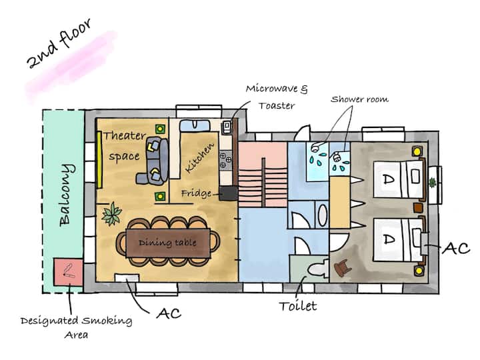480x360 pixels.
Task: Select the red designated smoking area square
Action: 69,271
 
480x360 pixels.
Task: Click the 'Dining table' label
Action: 167,243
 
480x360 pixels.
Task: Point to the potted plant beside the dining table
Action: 111,214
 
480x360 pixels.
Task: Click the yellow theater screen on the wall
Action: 99,159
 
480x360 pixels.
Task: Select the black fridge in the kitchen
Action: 228,193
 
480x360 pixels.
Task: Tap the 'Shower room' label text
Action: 359,99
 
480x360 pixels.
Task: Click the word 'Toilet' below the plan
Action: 297,307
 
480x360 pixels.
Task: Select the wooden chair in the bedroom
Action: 344,265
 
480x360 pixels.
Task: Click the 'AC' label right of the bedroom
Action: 457,249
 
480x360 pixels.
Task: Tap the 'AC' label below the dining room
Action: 167,313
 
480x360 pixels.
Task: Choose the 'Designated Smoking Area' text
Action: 76,327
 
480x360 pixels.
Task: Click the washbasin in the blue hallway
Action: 321,216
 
